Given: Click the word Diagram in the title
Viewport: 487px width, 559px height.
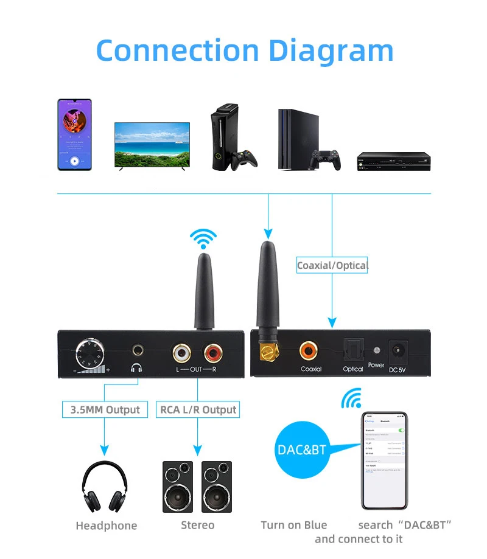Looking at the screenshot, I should [x=331, y=51].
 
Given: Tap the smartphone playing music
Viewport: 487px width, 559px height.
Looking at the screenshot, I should [x=74, y=135].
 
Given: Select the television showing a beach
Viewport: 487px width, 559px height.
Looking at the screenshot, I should [x=152, y=145].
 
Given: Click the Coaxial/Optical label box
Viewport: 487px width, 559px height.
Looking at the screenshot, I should [x=332, y=265].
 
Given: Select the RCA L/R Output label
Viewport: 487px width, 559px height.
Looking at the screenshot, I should [x=198, y=409].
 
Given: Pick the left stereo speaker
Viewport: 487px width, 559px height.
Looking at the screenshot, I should [x=178, y=486].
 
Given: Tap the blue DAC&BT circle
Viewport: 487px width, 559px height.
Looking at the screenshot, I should [x=302, y=450].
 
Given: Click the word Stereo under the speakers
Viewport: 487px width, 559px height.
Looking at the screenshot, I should [x=198, y=525].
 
